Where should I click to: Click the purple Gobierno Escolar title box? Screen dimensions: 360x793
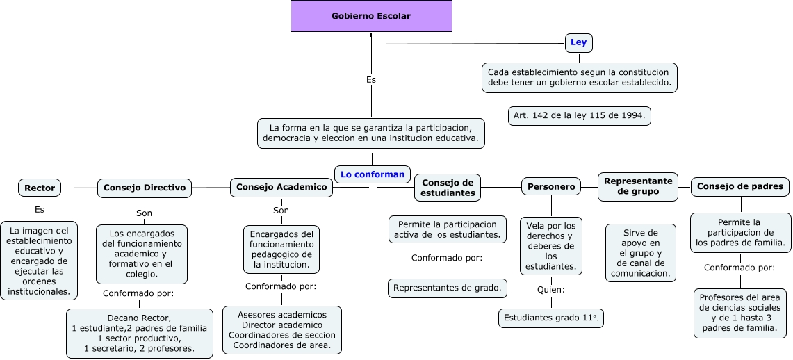(x=371, y=16)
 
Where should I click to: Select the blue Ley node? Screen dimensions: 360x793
(x=578, y=42)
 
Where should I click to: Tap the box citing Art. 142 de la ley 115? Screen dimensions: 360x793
(x=580, y=115)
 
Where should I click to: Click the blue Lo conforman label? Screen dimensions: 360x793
(x=372, y=174)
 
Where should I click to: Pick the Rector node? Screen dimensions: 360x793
(x=40, y=188)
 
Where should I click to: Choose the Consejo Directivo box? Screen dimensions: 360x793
(x=145, y=187)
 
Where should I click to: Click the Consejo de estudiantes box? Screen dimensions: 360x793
(x=448, y=187)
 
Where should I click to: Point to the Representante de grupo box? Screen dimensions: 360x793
(x=638, y=186)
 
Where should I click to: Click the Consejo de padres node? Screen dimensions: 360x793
(x=740, y=186)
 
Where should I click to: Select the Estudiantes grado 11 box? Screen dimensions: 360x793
(x=551, y=318)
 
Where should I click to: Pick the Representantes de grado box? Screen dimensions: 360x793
(x=448, y=287)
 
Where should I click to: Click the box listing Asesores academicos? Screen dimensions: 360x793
(x=282, y=330)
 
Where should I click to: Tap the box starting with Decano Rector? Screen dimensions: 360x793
(x=139, y=333)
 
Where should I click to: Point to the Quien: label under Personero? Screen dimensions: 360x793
(x=551, y=289)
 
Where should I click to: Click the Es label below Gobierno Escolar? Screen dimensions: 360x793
(x=371, y=80)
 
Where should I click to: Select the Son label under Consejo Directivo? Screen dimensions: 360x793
(x=144, y=213)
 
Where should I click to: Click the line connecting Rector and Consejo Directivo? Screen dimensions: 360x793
(x=79, y=188)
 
